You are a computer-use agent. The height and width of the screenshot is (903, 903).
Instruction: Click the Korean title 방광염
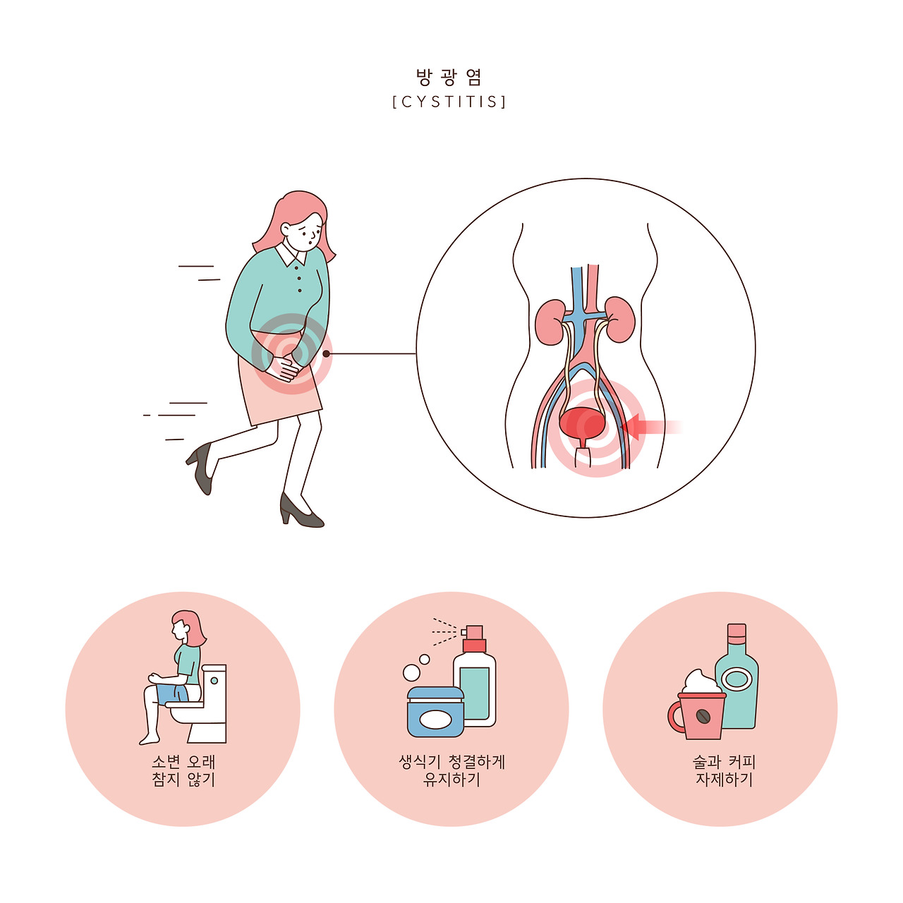tap(449, 78)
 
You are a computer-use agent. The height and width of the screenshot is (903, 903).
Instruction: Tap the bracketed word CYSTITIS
tap(449, 102)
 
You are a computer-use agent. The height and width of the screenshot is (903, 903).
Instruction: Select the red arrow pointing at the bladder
tap(650, 427)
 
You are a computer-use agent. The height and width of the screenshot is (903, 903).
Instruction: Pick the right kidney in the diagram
tap(619, 320)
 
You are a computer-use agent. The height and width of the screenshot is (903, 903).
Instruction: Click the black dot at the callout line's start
tap(326, 354)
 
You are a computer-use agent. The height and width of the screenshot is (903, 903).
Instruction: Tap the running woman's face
tap(303, 231)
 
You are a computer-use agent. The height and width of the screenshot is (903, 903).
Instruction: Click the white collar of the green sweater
tap(291, 253)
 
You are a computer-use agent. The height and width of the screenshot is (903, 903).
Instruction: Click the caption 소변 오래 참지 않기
tap(183, 771)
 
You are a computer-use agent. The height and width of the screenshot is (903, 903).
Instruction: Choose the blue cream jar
tap(436, 712)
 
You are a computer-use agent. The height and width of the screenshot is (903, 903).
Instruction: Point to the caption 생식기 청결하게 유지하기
tap(451, 771)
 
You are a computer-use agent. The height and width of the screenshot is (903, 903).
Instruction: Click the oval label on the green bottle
tap(737, 679)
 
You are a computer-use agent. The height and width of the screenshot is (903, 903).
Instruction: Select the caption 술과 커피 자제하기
tap(724, 771)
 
